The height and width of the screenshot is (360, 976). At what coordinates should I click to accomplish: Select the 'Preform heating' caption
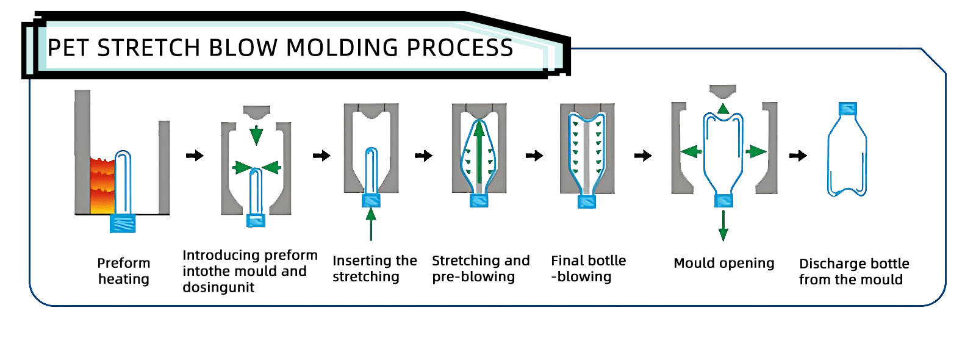(x=123, y=271)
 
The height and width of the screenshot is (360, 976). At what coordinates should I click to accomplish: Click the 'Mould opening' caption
(x=723, y=263)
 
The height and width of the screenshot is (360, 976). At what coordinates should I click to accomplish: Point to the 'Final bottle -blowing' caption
(x=588, y=268)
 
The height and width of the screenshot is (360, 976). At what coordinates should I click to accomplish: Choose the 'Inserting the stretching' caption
(x=375, y=268)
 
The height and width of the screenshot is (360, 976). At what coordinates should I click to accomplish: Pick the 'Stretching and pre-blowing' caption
(x=481, y=268)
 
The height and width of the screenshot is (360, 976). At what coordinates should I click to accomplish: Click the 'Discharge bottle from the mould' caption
(x=853, y=272)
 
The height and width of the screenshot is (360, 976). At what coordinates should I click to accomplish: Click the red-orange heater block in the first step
(x=102, y=185)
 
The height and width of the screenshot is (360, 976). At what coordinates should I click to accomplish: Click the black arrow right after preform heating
(x=194, y=156)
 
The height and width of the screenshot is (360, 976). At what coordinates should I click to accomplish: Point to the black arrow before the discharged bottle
(x=797, y=156)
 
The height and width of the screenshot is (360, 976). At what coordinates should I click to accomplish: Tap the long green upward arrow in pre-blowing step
(x=480, y=153)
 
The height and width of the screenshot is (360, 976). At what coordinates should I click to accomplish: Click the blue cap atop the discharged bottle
(x=847, y=109)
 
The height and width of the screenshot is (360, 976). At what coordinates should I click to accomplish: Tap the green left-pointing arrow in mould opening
(x=691, y=151)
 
